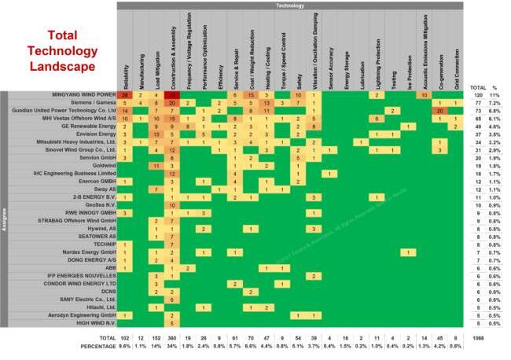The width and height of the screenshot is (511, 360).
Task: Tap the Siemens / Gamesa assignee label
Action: (x=86, y=103)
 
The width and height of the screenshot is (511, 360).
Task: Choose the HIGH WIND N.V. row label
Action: (x=91, y=323)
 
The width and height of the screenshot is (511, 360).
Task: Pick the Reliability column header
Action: (x=125, y=71)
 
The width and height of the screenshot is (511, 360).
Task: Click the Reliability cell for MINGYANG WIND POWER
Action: (x=125, y=95)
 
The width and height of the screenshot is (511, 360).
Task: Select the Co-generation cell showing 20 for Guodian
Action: (x=439, y=111)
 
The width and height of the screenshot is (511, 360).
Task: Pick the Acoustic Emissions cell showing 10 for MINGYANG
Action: (x=424, y=95)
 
